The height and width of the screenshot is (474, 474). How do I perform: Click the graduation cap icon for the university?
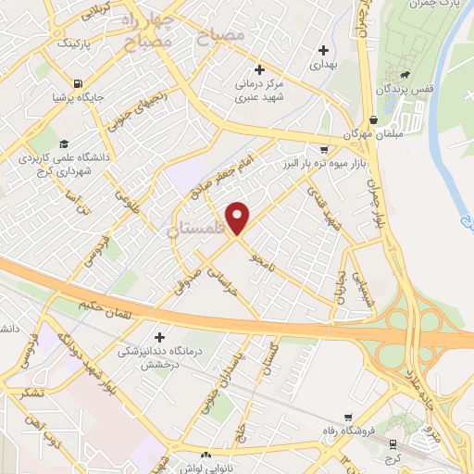click(x=64, y=143)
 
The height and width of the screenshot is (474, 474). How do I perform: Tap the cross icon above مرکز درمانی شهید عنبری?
click(x=259, y=70)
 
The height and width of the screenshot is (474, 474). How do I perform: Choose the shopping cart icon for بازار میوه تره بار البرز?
click(x=322, y=148)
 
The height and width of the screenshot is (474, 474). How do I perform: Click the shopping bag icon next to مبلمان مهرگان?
click(x=373, y=119)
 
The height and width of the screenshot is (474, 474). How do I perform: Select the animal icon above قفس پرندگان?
click(x=405, y=73)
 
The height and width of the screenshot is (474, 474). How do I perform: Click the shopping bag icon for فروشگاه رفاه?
click(x=347, y=418)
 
